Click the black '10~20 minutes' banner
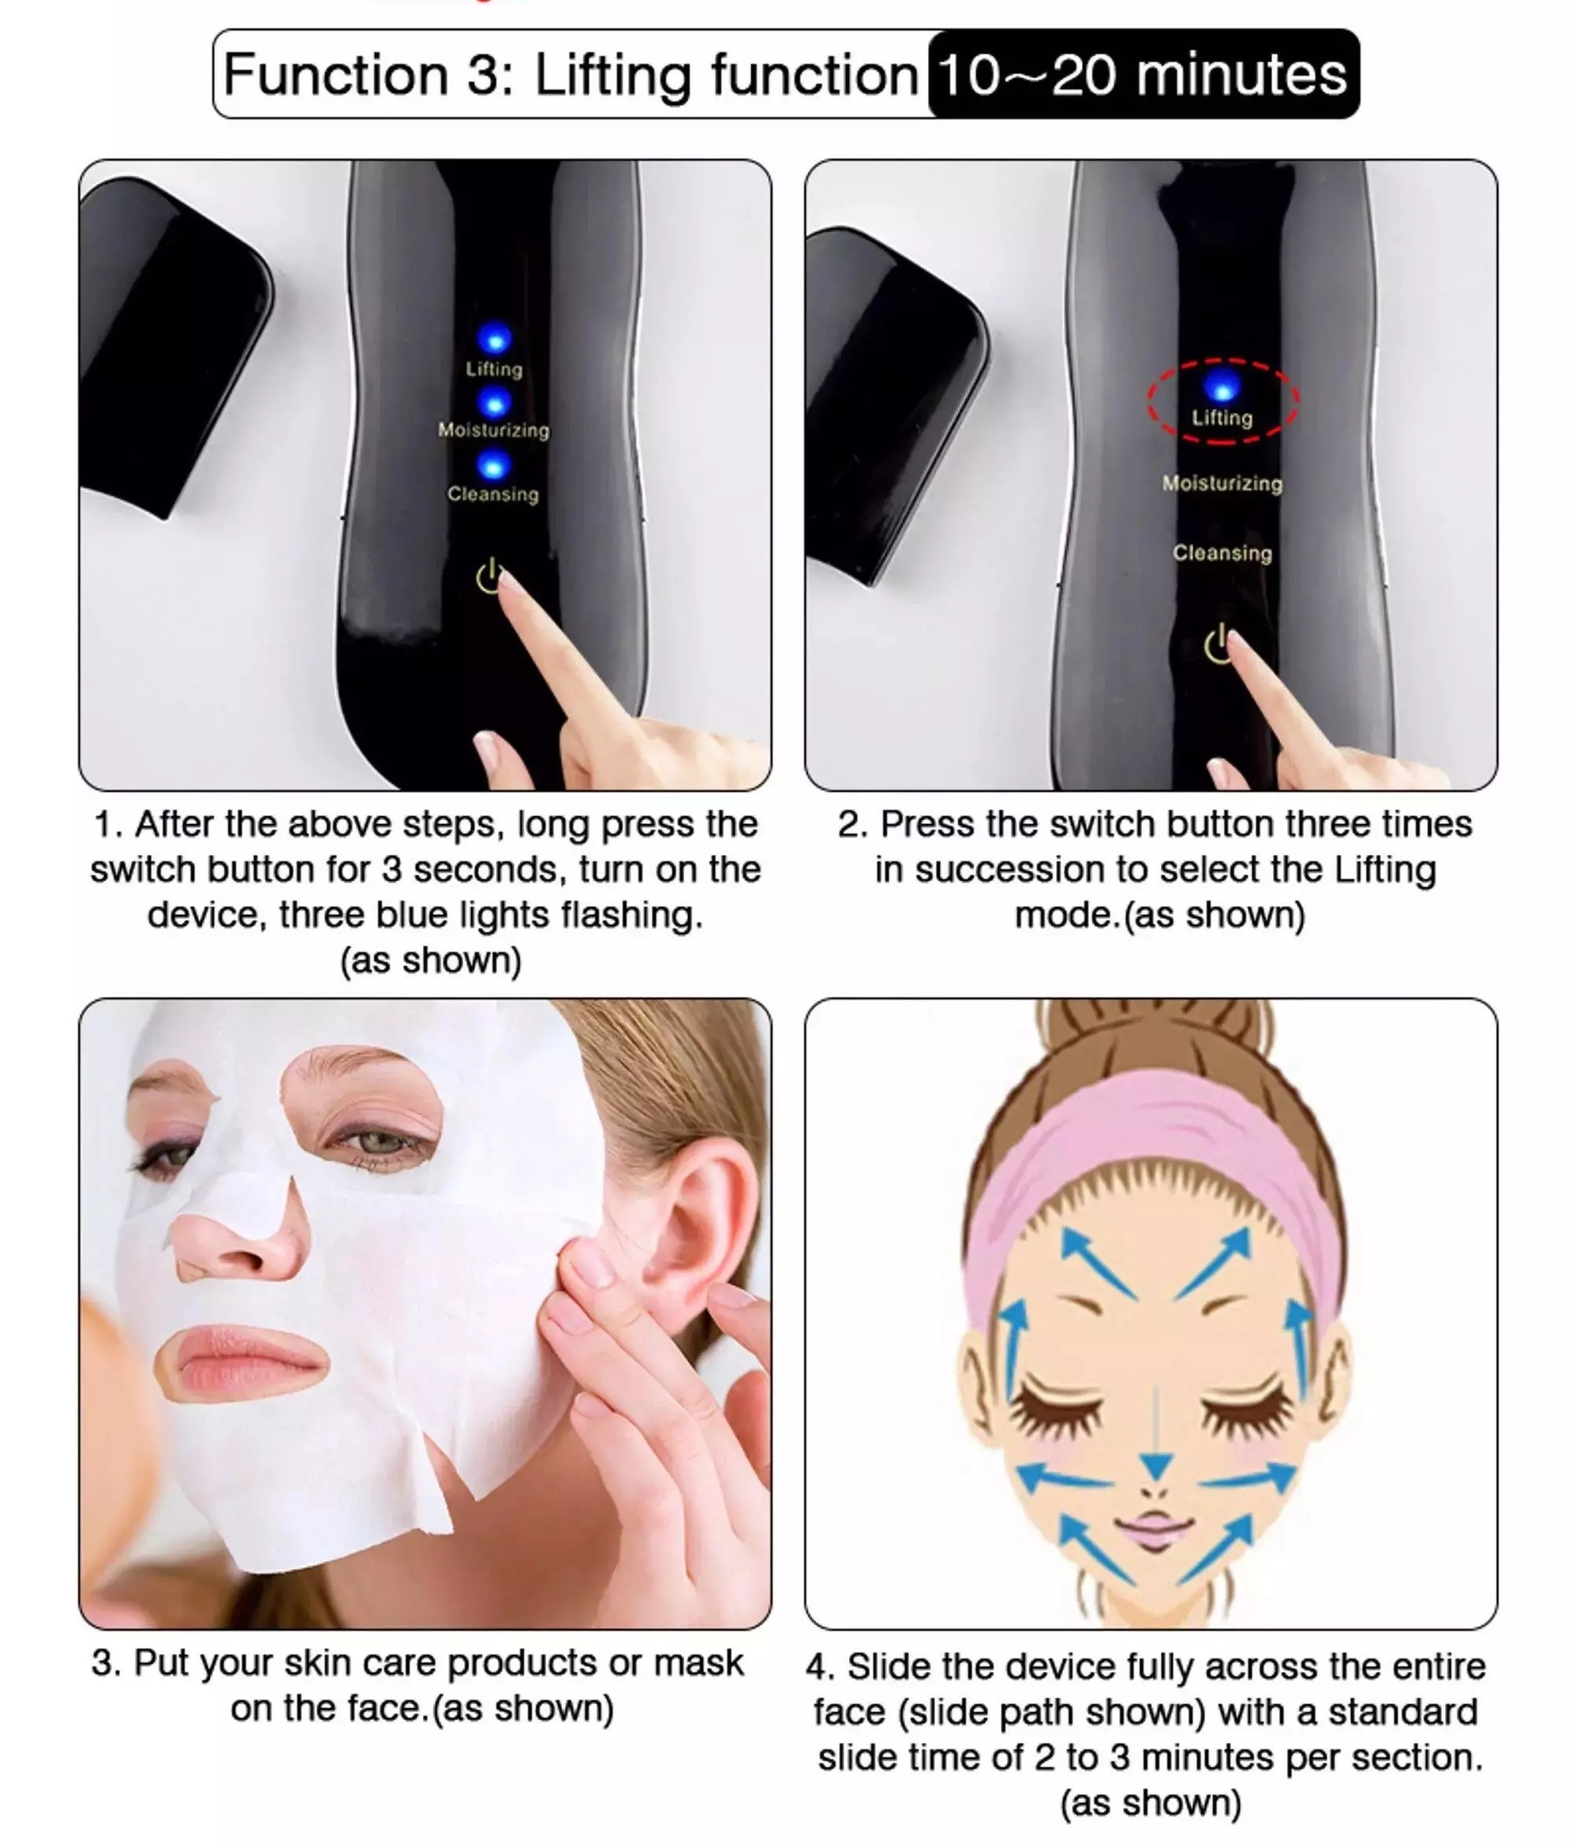(x=1143, y=74)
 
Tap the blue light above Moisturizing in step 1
(x=494, y=403)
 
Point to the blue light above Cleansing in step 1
(x=493, y=465)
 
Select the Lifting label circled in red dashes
(x=1222, y=418)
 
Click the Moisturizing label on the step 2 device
(x=1222, y=483)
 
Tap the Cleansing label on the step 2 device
(x=1222, y=553)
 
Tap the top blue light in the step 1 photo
(x=495, y=338)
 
